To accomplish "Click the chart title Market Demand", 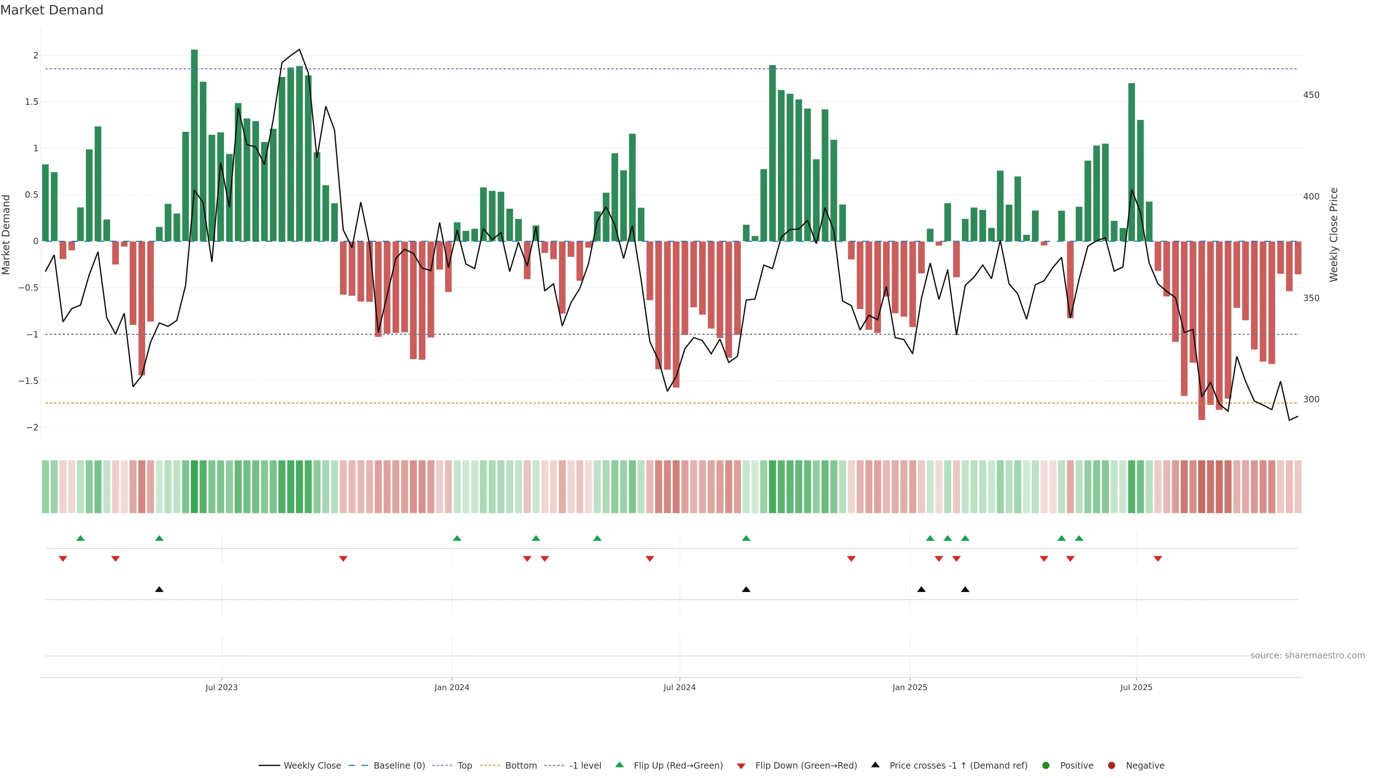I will coord(52,10).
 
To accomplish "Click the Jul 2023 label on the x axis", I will coord(221,687).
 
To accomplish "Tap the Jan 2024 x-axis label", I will coord(452,687).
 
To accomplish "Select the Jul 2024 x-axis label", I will coord(679,687).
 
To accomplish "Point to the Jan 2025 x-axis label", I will coord(909,687).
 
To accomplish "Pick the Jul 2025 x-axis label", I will coord(1136,687).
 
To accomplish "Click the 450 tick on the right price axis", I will coord(1311,95).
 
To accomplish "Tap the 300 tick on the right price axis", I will coord(1311,399).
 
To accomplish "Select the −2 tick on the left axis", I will coord(32,428).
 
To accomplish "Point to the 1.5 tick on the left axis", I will coord(32,102).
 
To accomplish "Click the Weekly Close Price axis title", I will coord(1334,234).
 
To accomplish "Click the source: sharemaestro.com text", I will coord(1307,656).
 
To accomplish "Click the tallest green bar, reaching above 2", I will coord(194,145).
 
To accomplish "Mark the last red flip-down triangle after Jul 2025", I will coord(1158,559).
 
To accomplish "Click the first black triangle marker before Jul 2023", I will coord(159,590).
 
